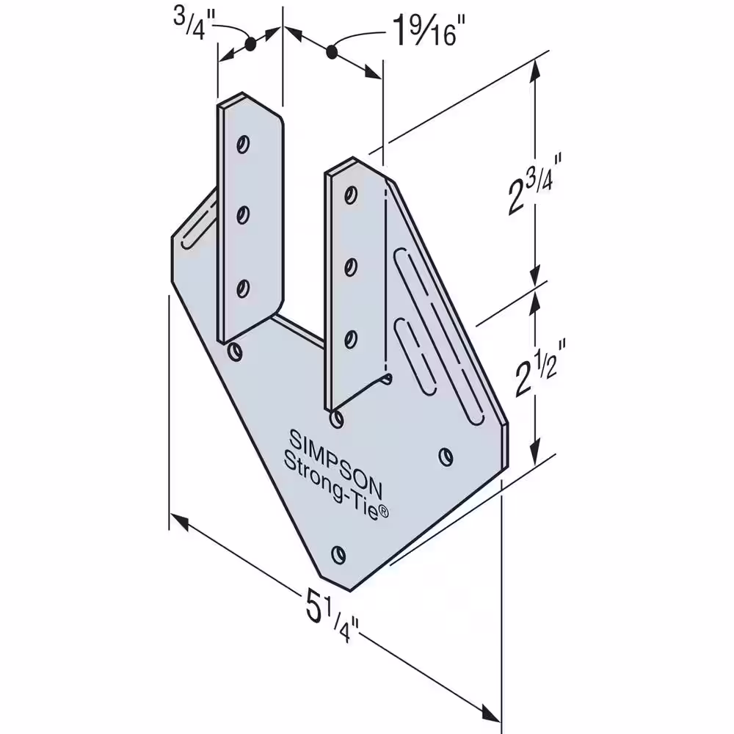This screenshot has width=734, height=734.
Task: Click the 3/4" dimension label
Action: (194, 24)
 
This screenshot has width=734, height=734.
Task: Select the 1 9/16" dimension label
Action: (424, 30)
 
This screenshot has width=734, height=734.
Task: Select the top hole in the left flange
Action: (242, 143)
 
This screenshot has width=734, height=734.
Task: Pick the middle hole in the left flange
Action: (242, 215)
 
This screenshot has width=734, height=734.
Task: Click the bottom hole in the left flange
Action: (242, 288)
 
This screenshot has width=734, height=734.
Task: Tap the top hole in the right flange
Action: (351, 195)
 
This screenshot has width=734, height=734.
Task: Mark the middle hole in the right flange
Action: (351, 267)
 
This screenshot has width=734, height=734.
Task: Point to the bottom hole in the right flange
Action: (351, 339)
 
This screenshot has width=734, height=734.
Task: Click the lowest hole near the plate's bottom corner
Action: (338, 555)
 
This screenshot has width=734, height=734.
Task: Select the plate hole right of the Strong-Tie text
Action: (446, 457)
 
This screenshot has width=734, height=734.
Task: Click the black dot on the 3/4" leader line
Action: (250, 44)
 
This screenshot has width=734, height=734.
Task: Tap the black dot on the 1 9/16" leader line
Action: (332, 51)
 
